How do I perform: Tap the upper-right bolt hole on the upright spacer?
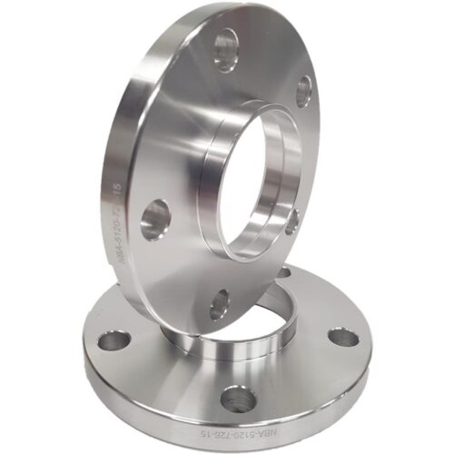(x=303, y=90)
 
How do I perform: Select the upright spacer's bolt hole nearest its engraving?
(x=155, y=219)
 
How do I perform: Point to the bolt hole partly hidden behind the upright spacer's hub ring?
(x=292, y=221)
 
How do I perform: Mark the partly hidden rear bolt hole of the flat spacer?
(x=283, y=271)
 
